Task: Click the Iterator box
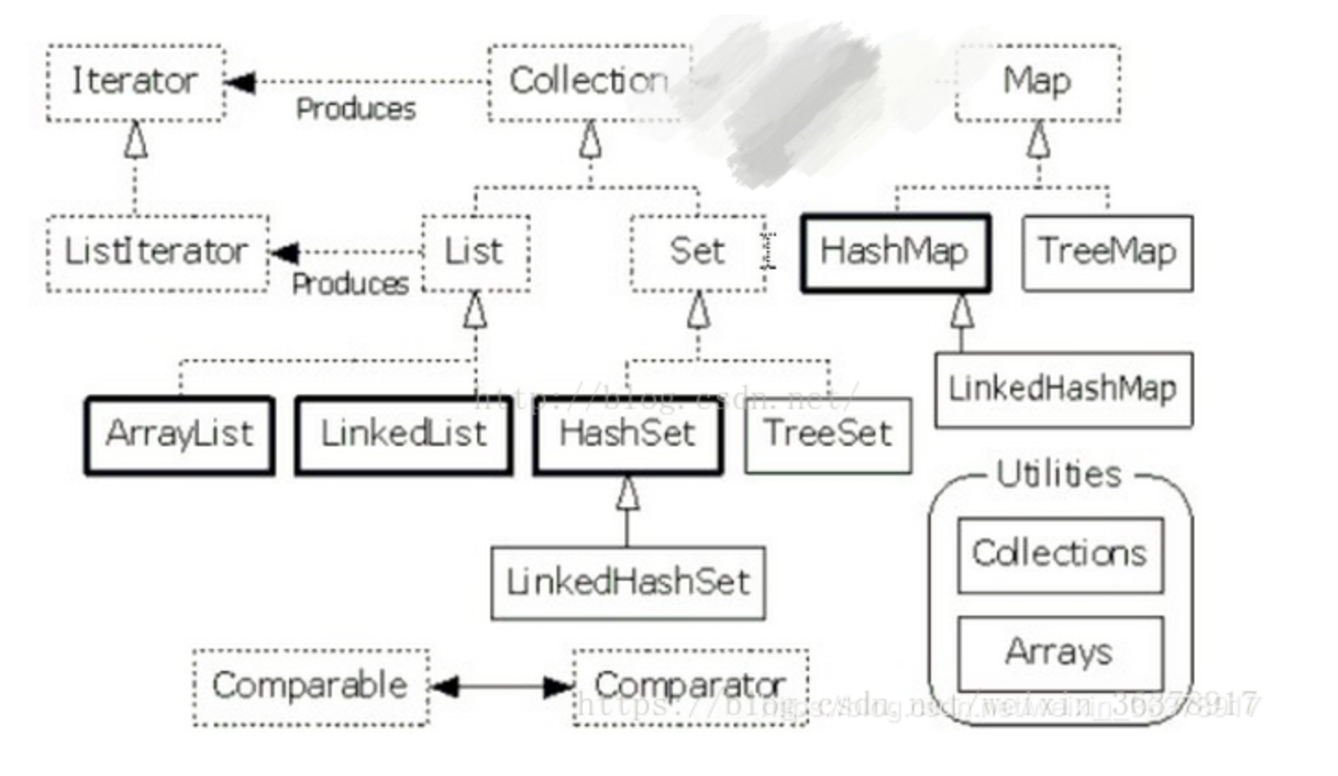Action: (135, 82)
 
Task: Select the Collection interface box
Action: (589, 82)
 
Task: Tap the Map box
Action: (1038, 82)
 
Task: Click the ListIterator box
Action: (157, 253)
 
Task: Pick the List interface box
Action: (475, 253)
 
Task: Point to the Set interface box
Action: (698, 253)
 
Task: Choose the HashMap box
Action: (895, 253)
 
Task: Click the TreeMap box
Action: (1107, 253)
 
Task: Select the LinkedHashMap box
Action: (1062, 389)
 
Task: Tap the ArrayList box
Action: (180, 435)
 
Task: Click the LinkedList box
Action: (404, 435)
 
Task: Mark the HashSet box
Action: (628, 435)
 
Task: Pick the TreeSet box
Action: (827, 435)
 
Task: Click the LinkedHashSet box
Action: (628, 582)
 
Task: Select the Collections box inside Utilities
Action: (1060, 555)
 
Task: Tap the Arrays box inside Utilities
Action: (1060, 653)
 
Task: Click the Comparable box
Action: (311, 687)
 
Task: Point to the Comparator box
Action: (690, 687)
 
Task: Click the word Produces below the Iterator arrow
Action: (356, 110)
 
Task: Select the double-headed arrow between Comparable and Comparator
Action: (501, 687)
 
